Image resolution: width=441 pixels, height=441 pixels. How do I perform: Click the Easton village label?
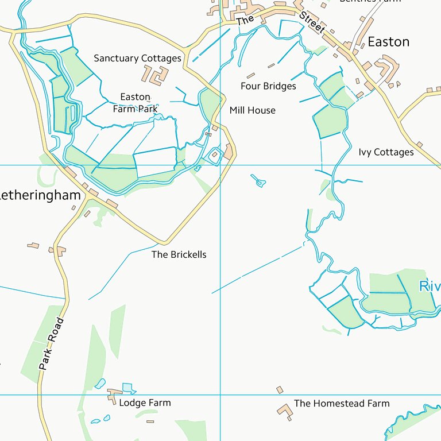(388, 42)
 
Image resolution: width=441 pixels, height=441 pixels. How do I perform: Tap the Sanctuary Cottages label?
(137, 59)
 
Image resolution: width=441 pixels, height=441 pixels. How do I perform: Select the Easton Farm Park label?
(135, 103)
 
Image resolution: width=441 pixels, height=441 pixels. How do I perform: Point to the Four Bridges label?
(268, 86)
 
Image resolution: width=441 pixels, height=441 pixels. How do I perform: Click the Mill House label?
(252, 110)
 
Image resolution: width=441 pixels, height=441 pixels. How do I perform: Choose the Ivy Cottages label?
(386, 152)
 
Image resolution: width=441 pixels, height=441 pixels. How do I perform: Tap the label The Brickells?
(179, 254)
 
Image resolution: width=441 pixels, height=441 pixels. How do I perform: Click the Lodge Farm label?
(145, 403)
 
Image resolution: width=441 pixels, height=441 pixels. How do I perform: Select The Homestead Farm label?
(342, 404)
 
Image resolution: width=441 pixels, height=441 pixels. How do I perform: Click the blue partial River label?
(430, 286)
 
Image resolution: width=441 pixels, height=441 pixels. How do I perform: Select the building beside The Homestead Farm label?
(284, 411)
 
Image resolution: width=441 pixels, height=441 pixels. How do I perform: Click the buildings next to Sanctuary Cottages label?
(156, 75)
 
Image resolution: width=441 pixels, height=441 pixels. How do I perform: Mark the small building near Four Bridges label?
(250, 75)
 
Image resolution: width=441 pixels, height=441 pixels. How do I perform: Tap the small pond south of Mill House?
(259, 182)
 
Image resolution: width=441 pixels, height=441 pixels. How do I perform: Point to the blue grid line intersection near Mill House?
(221, 165)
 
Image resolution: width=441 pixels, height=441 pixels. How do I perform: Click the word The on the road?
(245, 20)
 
